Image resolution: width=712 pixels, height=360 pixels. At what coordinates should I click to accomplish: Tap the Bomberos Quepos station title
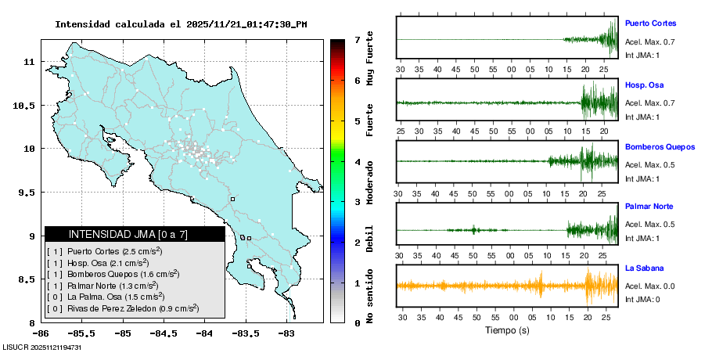(660, 146)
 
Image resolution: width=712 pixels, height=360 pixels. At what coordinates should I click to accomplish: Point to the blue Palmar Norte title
(649, 207)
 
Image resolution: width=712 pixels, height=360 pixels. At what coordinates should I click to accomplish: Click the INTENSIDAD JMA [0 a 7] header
(135, 234)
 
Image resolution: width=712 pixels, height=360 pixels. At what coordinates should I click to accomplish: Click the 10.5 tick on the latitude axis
(28, 105)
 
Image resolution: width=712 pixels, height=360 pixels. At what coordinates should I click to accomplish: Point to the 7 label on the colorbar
(357, 39)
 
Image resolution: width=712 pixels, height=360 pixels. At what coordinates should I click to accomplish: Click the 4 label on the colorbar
(357, 162)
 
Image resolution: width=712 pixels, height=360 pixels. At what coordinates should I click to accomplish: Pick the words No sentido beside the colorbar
(370, 293)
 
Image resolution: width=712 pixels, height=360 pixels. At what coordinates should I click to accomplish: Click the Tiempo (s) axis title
(507, 330)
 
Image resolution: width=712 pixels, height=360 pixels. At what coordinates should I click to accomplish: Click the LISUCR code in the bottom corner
(42, 347)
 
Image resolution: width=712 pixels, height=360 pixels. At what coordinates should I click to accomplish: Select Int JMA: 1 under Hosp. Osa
(642, 117)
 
